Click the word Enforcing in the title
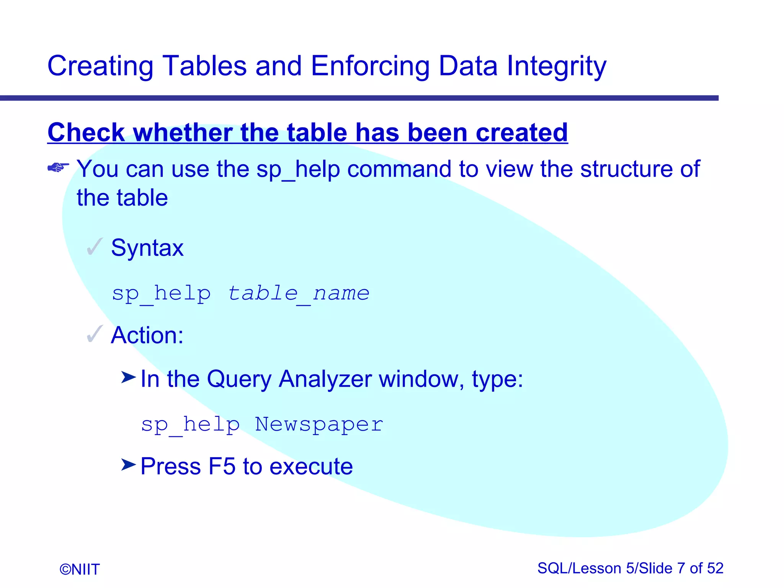[x=370, y=66]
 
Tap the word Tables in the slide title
[x=204, y=66]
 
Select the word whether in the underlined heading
[x=183, y=132]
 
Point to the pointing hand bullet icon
[x=58, y=168]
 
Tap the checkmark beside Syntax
[x=95, y=247]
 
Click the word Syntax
[x=147, y=248]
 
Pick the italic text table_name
[x=299, y=294]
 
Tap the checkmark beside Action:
[x=95, y=334]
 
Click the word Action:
[x=147, y=335]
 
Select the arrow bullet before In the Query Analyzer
[x=128, y=377]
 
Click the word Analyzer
[x=325, y=379]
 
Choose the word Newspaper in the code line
[x=319, y=424]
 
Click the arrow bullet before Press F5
[x=128, y=465]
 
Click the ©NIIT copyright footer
[x=80, y=569]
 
